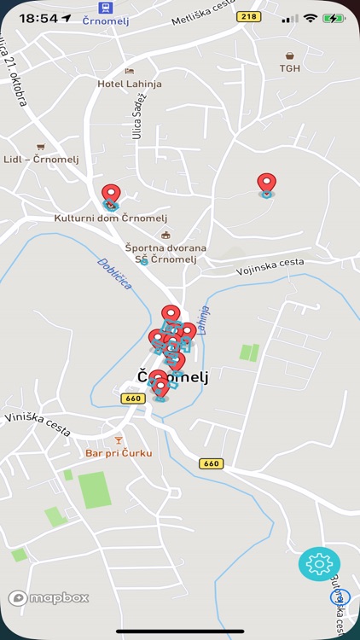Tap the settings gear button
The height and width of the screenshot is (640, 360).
[x=319, y=564]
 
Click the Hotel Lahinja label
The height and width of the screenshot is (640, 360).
[x=130, y=84]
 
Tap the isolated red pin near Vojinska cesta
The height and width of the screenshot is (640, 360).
[x=267, y=183]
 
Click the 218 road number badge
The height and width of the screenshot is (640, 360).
[x=249, y=16]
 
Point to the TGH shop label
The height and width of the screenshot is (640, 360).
[x=290, y=69]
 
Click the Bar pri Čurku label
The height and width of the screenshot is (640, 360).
[x=119, y=453]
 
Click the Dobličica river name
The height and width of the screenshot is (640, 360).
[x=114, y=274]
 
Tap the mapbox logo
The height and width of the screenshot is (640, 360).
[x=49, y=598]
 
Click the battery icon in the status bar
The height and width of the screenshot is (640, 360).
[x=334, y=18]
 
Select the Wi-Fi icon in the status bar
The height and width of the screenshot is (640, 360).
[x=310, y=18]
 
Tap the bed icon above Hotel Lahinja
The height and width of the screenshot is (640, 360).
[x=130, y=71]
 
